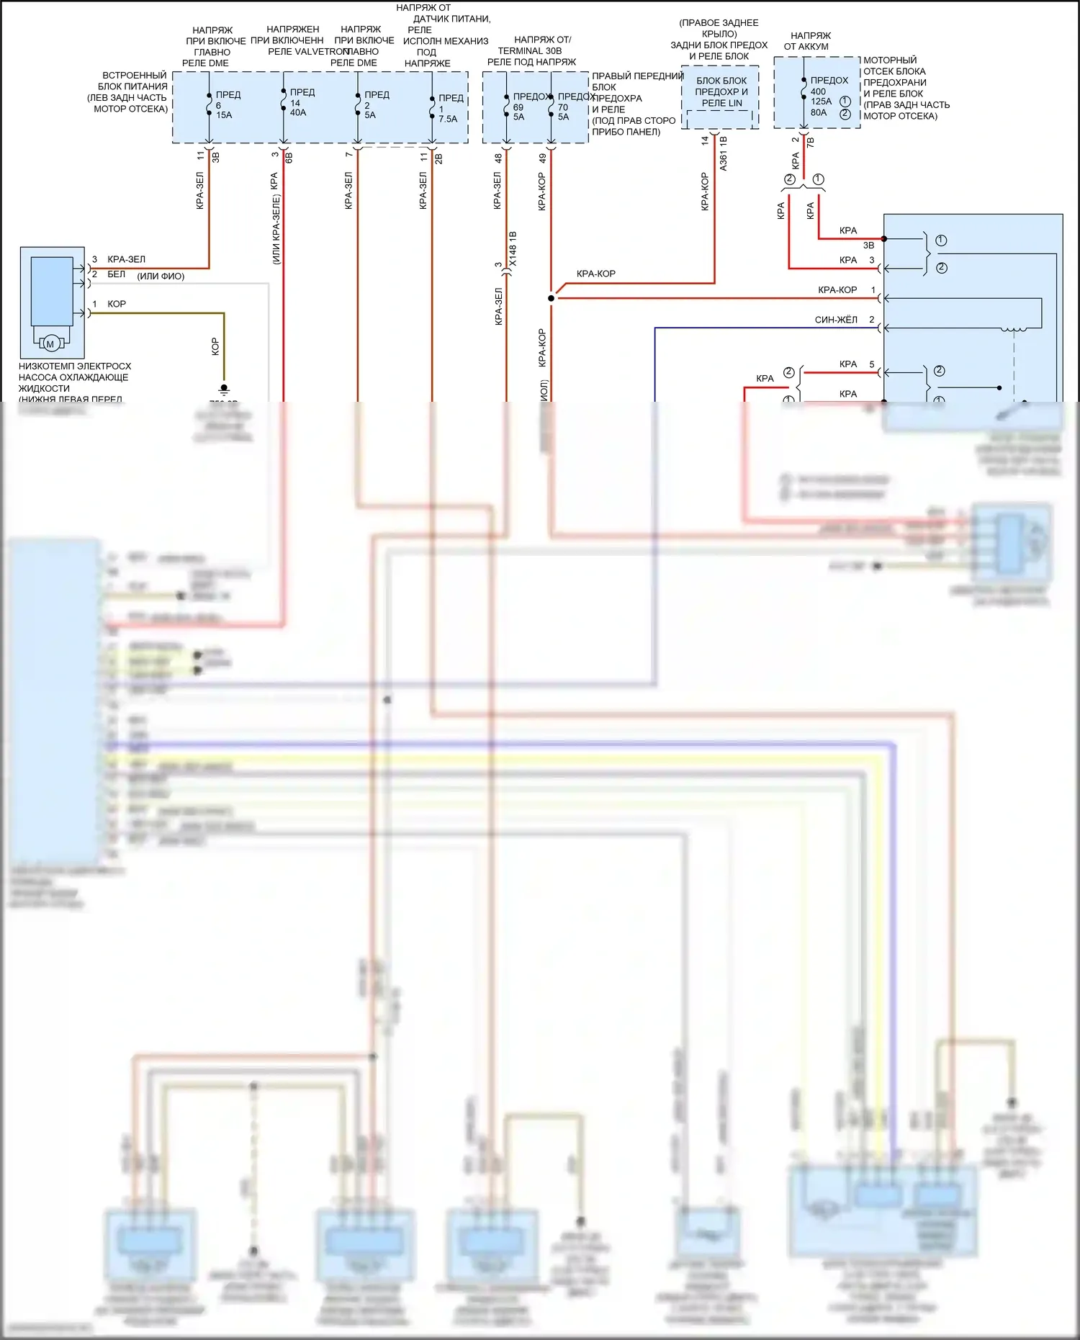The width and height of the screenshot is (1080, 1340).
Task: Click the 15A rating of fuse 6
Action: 224,115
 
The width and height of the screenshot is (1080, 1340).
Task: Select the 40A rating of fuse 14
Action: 298,112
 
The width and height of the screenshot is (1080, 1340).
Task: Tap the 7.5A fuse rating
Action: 448,120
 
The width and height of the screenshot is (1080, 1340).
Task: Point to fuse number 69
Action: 518,107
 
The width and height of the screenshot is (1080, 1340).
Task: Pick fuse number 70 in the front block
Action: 563,107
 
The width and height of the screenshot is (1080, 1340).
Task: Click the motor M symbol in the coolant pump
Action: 50,344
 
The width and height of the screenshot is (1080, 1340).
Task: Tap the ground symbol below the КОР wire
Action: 224,390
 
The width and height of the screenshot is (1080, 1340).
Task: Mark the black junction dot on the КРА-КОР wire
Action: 552,298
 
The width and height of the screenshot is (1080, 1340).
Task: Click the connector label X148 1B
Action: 513,249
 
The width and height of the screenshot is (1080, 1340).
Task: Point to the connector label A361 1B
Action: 723,153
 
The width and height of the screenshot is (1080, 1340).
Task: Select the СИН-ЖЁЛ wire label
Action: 836,320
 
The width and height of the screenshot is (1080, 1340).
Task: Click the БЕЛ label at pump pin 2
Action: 116,274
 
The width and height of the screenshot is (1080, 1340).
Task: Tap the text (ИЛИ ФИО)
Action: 161,276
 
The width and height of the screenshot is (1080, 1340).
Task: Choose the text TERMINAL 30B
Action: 529,51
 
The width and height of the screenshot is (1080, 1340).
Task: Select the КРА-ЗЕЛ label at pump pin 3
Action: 126,259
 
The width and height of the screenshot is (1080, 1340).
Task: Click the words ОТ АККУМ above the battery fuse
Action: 806,47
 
